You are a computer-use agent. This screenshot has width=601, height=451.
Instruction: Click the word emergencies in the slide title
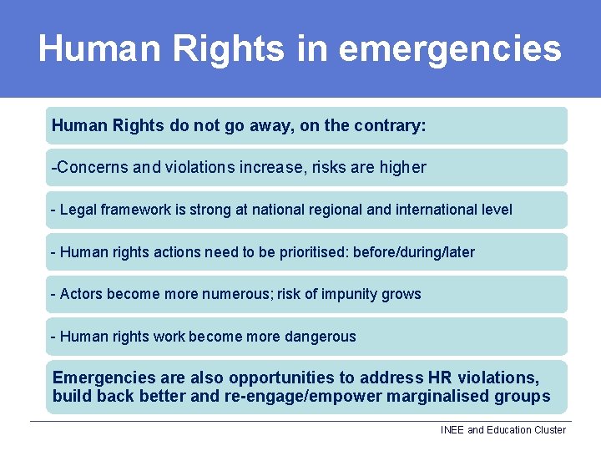coord(450,49)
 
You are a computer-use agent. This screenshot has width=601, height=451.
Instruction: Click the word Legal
coord(78,210)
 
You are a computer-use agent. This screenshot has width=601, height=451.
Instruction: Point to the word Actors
coord(80,294)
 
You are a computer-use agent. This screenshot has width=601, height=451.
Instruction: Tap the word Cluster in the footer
coord(548,430)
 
